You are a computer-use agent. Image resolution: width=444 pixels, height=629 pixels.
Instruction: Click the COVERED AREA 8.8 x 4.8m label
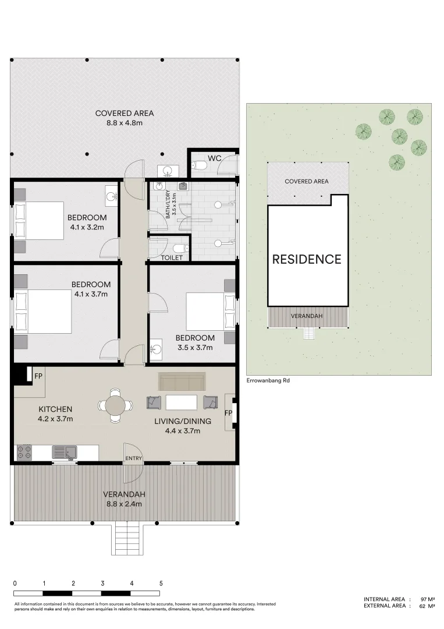coord(124,118)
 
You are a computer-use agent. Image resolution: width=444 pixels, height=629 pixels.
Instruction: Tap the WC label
coord(214,158)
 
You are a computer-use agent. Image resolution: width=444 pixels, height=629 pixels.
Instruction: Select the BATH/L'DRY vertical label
coord(171,204)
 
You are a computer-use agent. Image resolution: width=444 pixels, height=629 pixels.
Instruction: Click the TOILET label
coord(172,257)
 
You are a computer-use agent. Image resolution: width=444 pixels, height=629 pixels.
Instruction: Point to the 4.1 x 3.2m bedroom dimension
coord(87,227)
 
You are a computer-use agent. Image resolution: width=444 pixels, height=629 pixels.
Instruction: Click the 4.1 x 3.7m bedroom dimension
coord(91,294)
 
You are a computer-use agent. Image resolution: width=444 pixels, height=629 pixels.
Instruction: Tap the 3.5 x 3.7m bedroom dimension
coord(195,347)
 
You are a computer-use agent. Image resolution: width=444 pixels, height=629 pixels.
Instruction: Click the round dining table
coord(115,405)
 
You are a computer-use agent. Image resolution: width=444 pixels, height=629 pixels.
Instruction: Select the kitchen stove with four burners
coord(24,453)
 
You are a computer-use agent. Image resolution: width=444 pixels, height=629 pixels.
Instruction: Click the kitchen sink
coord(65,453)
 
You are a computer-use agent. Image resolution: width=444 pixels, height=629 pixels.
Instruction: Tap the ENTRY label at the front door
coord(133,458)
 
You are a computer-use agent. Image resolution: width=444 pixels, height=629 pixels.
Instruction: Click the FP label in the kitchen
coord(38,376)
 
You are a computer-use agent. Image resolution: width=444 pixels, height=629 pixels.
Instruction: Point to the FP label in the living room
coord(229,413)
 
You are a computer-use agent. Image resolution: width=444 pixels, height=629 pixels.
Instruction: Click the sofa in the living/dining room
coord(182,381)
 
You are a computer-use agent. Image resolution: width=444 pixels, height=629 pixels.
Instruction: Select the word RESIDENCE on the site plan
coord(307,259)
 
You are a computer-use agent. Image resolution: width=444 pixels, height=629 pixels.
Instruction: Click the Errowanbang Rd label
coord(268,380)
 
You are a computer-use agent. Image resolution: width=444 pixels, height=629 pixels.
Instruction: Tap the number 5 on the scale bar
coord(161,583)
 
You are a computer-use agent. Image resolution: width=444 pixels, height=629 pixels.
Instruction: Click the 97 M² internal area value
coord(428,599)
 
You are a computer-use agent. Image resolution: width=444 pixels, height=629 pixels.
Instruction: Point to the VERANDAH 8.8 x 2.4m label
coord(124,499)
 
